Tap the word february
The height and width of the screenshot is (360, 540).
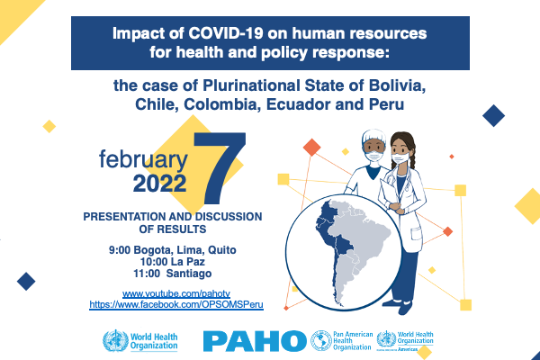point(143,160)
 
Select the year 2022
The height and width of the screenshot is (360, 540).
point(160,184)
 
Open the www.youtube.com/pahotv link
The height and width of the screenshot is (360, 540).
point(176,294)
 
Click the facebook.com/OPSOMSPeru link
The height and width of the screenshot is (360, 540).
point(176,304)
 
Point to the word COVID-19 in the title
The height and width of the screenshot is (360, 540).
point(226,34)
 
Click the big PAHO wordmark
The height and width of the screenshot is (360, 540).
point(255,341)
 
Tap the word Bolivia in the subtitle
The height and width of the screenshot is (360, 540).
point(397,85)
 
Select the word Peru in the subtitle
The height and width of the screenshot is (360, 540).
point(386,104)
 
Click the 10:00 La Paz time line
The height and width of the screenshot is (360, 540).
point(173,262)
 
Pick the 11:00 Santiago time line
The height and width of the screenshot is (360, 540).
point(173,274)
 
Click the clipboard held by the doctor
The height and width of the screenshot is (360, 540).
point(389,192)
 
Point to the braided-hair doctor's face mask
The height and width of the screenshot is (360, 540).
point(400,158)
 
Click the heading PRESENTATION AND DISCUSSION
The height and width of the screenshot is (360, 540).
point(173,217)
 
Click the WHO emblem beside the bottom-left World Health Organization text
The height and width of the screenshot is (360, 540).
point(115,341)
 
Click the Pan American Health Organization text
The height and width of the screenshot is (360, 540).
point(353,340)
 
